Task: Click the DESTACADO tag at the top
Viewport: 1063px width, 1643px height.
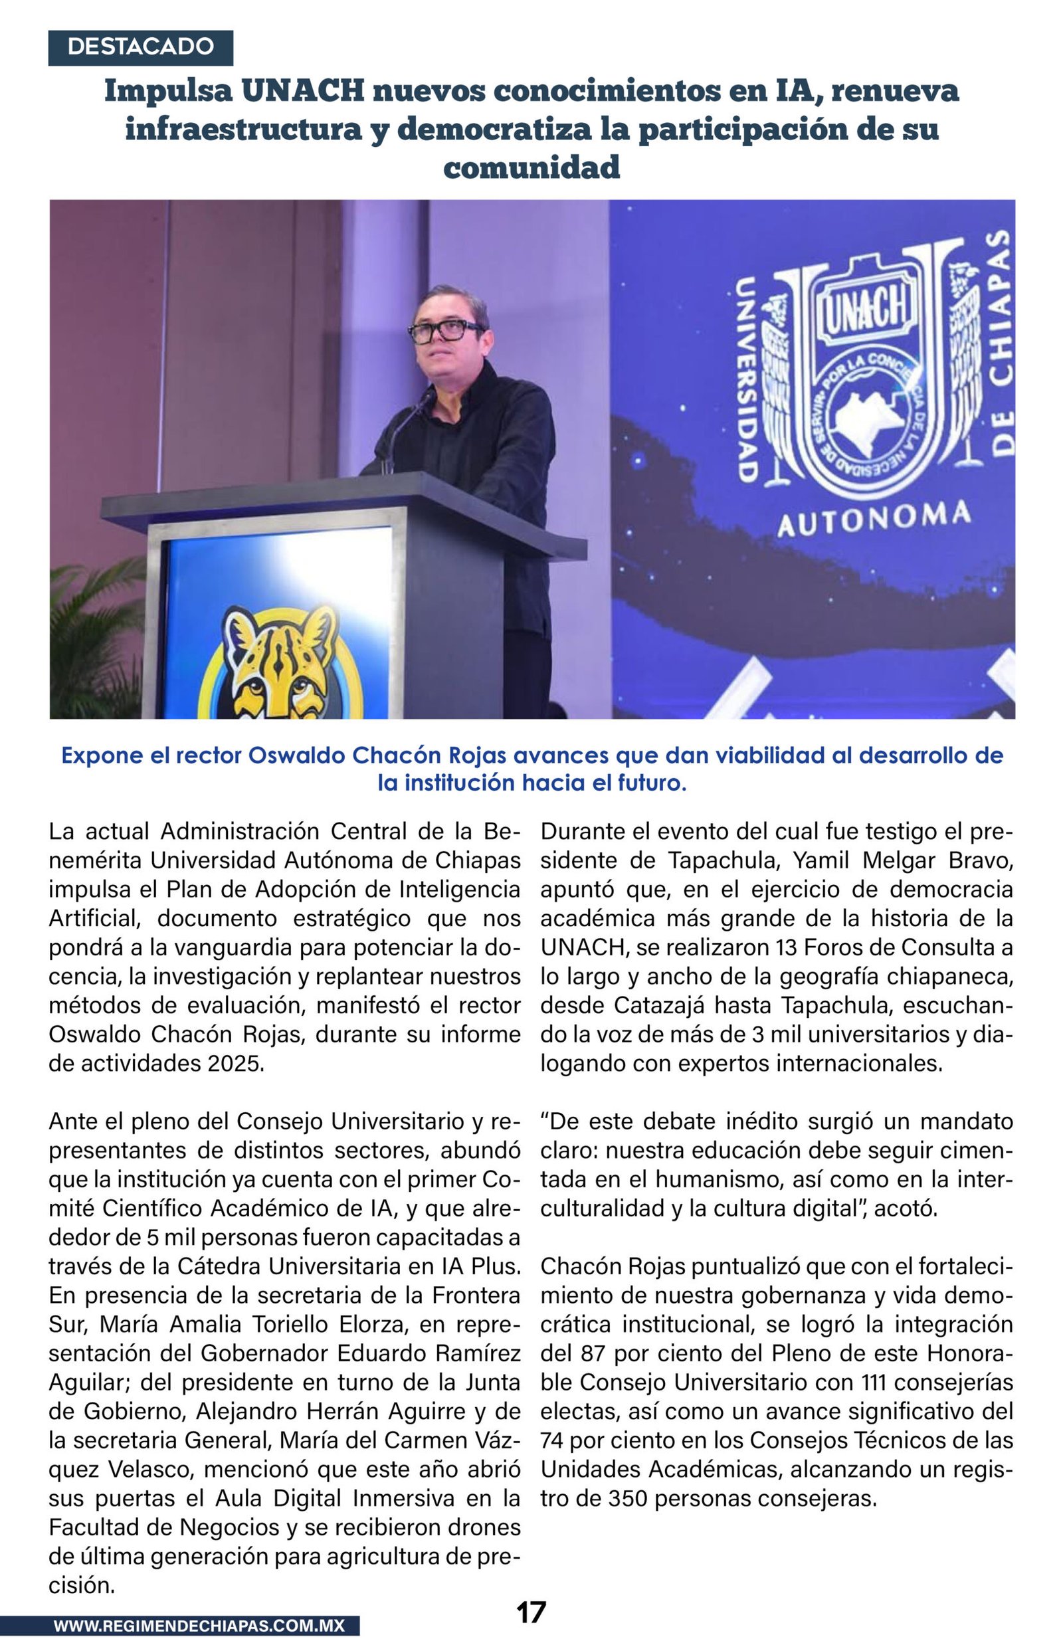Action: point(140,47)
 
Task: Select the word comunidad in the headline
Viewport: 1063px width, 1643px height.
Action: point(531,167)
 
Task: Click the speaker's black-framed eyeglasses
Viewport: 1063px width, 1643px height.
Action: point(445,331)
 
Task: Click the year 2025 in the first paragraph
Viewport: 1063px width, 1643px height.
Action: point(236,1064)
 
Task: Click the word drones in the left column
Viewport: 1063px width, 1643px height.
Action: point(480,1527)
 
